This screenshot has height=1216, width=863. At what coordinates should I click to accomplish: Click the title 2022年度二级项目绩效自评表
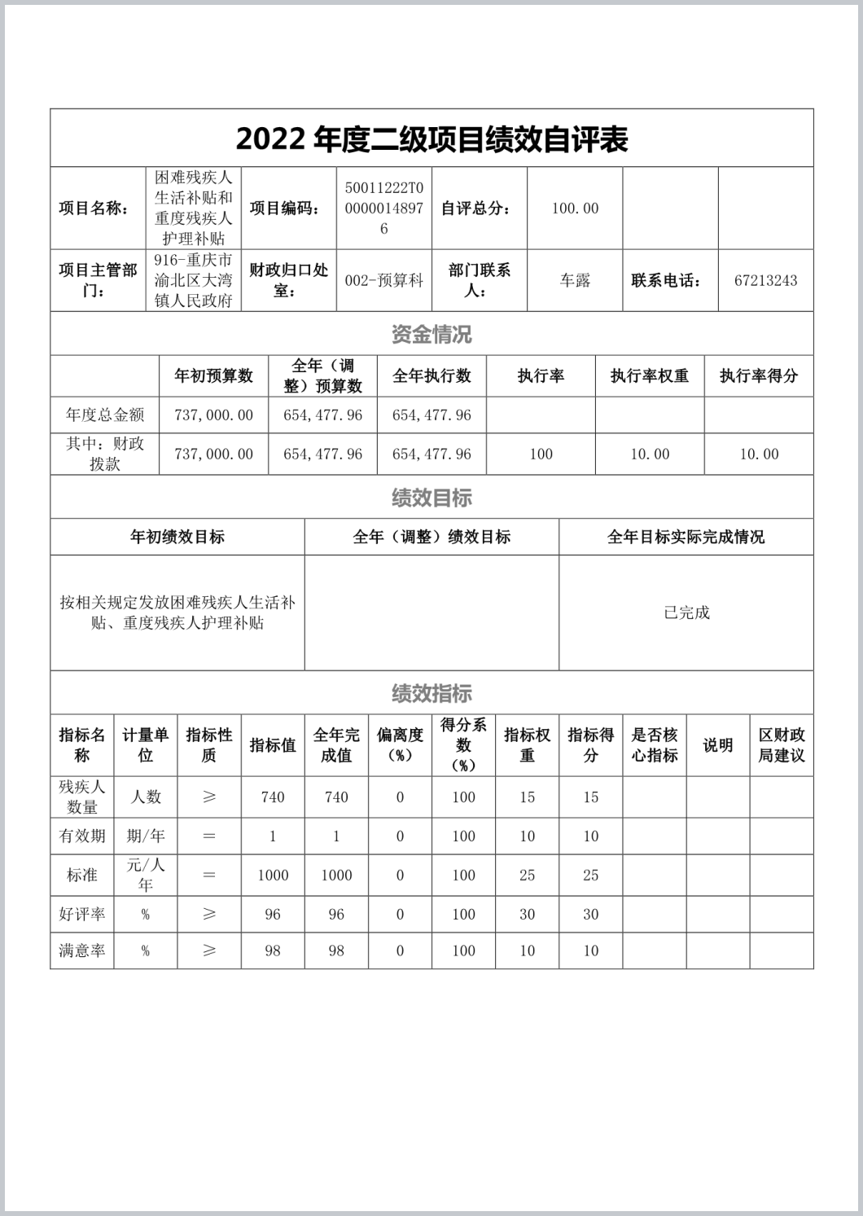point(431,139)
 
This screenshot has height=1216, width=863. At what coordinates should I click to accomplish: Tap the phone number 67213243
point(765,280)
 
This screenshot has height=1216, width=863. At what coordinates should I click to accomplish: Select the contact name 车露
point(575,280)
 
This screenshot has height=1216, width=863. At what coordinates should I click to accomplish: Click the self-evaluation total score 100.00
point(575,209)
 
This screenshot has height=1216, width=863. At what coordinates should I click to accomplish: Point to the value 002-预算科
point(383,280)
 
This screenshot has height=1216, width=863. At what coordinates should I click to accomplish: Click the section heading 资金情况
point(431,334)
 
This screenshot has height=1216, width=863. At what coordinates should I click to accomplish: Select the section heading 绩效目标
point(431,497)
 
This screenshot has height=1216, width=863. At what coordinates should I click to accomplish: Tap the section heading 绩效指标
point(431,693)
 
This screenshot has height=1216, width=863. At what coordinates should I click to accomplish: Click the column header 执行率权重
point(650,375)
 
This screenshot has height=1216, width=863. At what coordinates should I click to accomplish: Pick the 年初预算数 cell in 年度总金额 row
point(213,415)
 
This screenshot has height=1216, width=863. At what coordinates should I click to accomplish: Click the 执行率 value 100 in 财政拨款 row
point(541,454)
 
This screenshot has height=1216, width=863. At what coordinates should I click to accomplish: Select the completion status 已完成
point(686,612)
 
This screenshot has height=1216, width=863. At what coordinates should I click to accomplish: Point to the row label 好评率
point(81,915)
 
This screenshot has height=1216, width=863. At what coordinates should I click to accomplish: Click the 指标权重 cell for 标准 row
point(527,876)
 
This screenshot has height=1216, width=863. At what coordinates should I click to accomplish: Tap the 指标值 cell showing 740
point(273,797)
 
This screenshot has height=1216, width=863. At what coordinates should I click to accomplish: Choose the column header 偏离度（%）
point(400,744)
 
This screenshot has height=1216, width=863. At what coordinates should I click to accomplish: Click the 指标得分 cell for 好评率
point(590,915)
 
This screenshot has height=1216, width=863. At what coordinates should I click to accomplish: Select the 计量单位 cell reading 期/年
point(145,836)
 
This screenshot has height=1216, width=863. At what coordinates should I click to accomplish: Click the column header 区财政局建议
point(782,744)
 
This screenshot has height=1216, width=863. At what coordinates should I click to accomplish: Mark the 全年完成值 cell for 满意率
point(336,950)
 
